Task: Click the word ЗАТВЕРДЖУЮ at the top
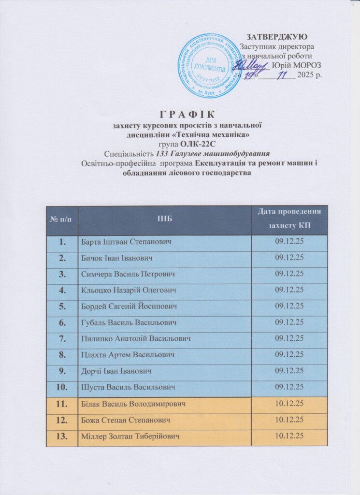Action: coord(276,37)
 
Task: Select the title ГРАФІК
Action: coord(186,114)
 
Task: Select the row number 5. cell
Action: coord(62,306)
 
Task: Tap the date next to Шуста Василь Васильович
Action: coord(289,387)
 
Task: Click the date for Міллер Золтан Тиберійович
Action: coord(289,436)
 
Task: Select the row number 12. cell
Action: coord(62,420)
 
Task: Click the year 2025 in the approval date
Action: coord(306,75)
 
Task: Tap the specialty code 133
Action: coord(163,154)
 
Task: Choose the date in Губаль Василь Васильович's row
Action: coord(289,322)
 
